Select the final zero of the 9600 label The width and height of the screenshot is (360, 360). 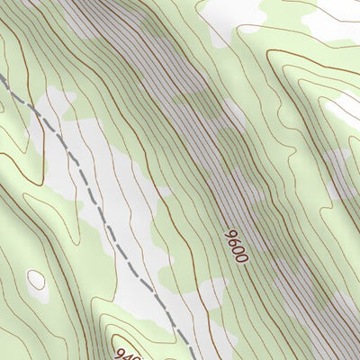click(242, 257)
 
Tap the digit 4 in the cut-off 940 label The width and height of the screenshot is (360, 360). click(127, 350)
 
